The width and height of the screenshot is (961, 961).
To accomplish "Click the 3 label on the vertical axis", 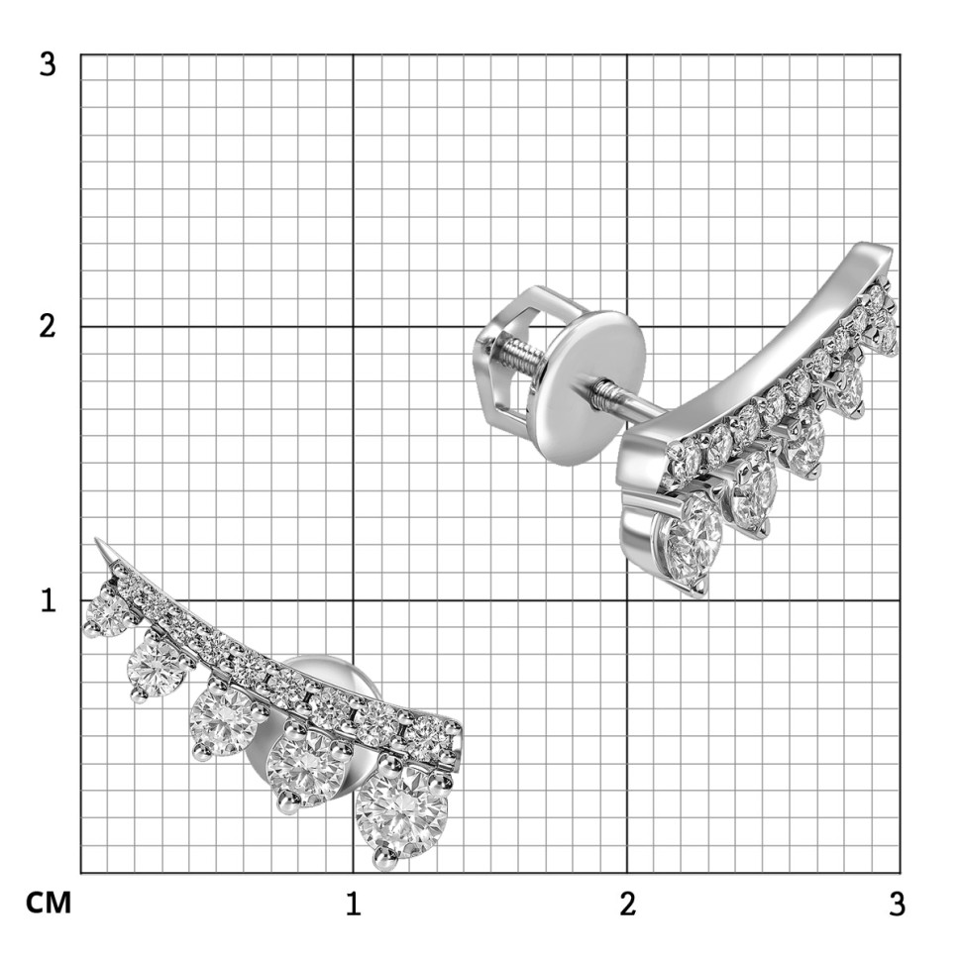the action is pyautogui.click(x=48, y=64).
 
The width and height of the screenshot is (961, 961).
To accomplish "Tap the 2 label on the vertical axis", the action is pyautogui.click(x=48, y=327).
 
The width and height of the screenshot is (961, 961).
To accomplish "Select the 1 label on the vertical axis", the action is pyautogui.click(x=49, y=600).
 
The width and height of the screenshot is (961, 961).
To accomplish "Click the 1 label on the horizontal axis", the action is pyautogui.click(x=353, y=904).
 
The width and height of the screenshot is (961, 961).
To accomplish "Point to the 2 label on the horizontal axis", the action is pyautogui.click(x=627, y=904).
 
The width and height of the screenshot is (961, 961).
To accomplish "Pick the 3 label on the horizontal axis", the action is pyautogui.click(x=898, y=904).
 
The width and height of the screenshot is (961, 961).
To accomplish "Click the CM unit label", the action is pyautogui.click(x=49, y=904).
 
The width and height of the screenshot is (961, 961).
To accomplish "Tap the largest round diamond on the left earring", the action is pyautogui.click(x=402, y=812).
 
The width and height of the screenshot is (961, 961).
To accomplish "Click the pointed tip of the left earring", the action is pyautogui.click(x=97, y=540).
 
